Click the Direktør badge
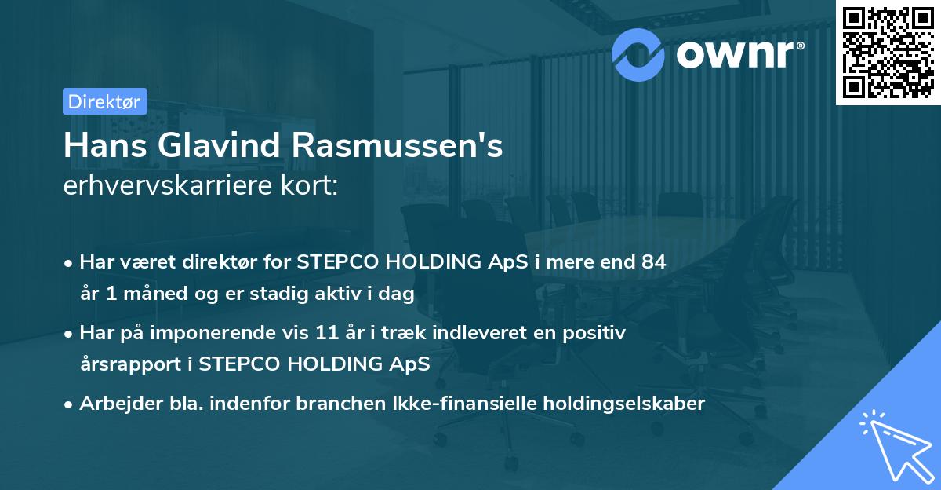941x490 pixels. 104,101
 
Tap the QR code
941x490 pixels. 888,52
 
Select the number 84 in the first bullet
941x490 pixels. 653,262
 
